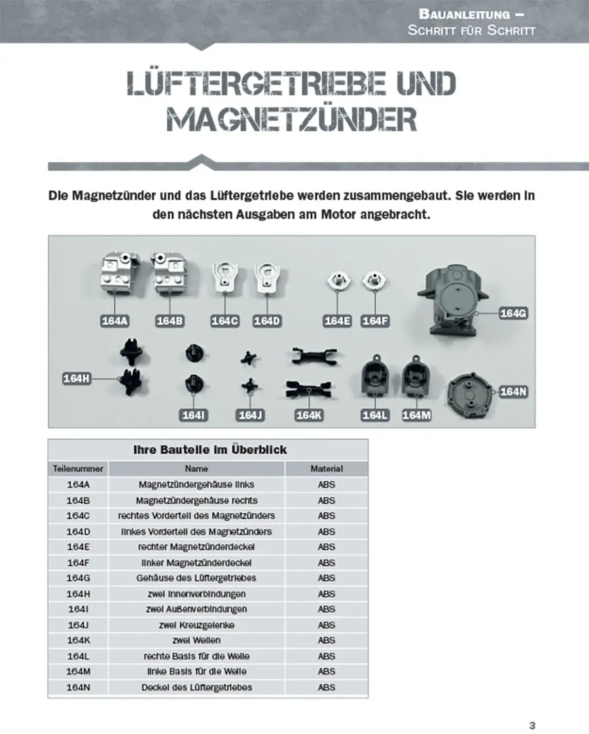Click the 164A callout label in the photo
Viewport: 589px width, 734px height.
pos(115,321)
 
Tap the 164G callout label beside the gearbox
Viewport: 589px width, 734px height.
pos(513,313)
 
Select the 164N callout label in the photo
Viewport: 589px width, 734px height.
pos(513,391)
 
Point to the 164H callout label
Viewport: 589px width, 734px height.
pos(77,378)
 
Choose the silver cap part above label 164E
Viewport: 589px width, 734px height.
pos(338,281)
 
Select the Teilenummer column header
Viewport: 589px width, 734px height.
pos(78,468)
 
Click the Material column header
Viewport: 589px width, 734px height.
pos(326,468)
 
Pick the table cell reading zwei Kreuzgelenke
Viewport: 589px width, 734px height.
pos(196,625)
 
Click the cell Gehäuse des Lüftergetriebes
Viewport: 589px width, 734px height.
pos(196,578)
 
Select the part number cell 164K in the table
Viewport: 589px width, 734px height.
pos(78,640)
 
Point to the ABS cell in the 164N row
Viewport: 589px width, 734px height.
pos(326,687)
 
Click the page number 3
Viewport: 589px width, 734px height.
pos(532,707)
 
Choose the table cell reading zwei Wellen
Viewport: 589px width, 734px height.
pos(196,640)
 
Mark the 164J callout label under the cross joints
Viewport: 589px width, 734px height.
pos(251,415)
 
